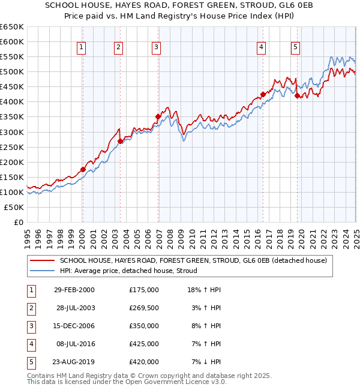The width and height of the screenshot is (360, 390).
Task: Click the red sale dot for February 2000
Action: pyautogui.click(x=83, y=169)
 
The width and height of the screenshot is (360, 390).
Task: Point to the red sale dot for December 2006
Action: pyautogui.click(x=158, y=116)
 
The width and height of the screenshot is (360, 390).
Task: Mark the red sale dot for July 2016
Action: pyautogui.click(x=263, y=94)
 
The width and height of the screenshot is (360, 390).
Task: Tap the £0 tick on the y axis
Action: pyautogui.click(x=18, y=222)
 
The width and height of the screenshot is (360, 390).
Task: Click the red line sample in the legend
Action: pyautogui.click(x=43, y=260)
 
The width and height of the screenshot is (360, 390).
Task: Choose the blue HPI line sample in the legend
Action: pyautogui.click(x=43, y=271)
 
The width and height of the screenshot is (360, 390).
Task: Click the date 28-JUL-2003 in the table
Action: pyautogui.click(x=74, y=307)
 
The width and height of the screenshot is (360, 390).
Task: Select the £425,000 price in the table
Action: pyautogui.click(x=143, y=344)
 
